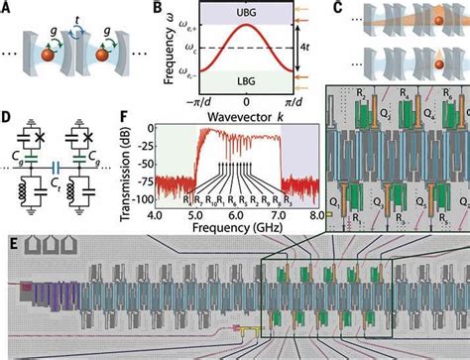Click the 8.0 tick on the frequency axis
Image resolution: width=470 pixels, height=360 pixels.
tap(314, 211)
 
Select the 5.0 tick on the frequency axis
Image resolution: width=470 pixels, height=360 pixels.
tap(197, 211)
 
